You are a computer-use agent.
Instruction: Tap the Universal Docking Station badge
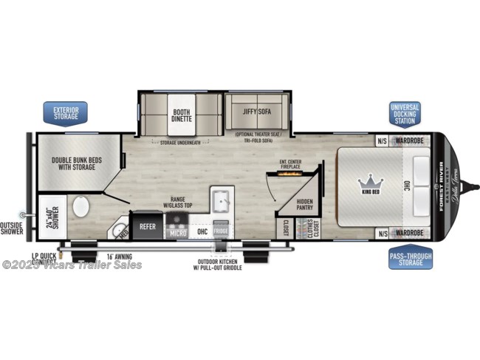[x=405, y=115]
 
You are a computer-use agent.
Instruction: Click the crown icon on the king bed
[x=367, y=180]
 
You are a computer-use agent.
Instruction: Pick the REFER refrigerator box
[x=148, y=225]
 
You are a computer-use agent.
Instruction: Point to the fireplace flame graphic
[x=291, y=172]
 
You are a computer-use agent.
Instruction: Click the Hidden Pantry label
[x=304, y=205]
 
